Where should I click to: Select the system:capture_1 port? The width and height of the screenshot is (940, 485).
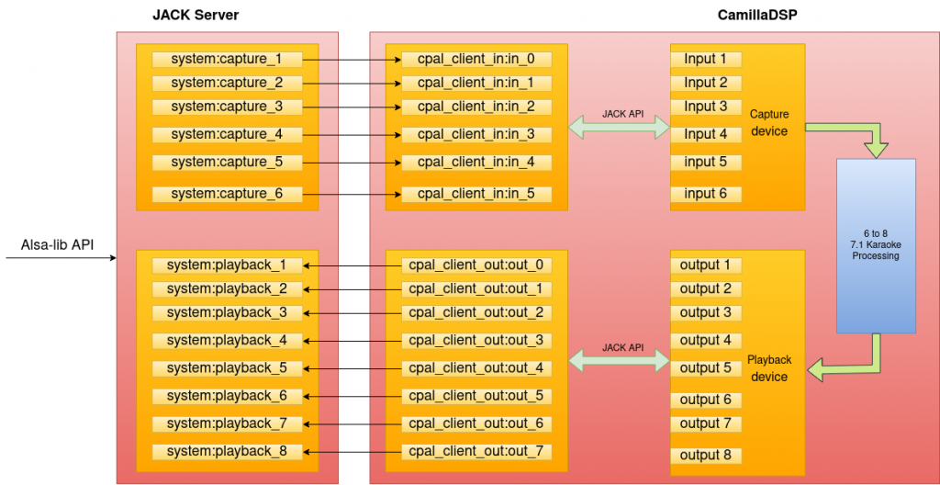click(226, 60)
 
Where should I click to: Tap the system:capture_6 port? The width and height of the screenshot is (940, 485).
click(226, 194)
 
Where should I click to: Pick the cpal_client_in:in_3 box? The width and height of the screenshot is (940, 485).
click(476, 134)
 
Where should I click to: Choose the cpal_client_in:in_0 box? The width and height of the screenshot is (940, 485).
click(476, 60)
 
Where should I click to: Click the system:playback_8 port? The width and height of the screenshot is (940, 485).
click(226, 452)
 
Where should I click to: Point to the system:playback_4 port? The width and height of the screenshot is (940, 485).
click(226, 340)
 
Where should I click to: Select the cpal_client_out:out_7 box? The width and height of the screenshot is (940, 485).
click(476, 452)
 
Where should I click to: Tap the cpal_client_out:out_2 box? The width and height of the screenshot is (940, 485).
click(476, 312)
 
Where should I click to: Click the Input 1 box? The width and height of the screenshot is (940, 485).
click(705, 60)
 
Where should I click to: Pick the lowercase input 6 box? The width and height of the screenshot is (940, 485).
click(705, 194)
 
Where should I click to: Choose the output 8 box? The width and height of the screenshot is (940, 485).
click(705, 456)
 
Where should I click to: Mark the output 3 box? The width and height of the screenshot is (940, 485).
click(705, 312)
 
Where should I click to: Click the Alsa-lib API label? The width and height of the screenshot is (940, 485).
click(56, 244)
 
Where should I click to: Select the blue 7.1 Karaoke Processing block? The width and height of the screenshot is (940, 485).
click(876, 245)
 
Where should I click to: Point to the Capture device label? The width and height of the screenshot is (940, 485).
click(768, 123)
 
